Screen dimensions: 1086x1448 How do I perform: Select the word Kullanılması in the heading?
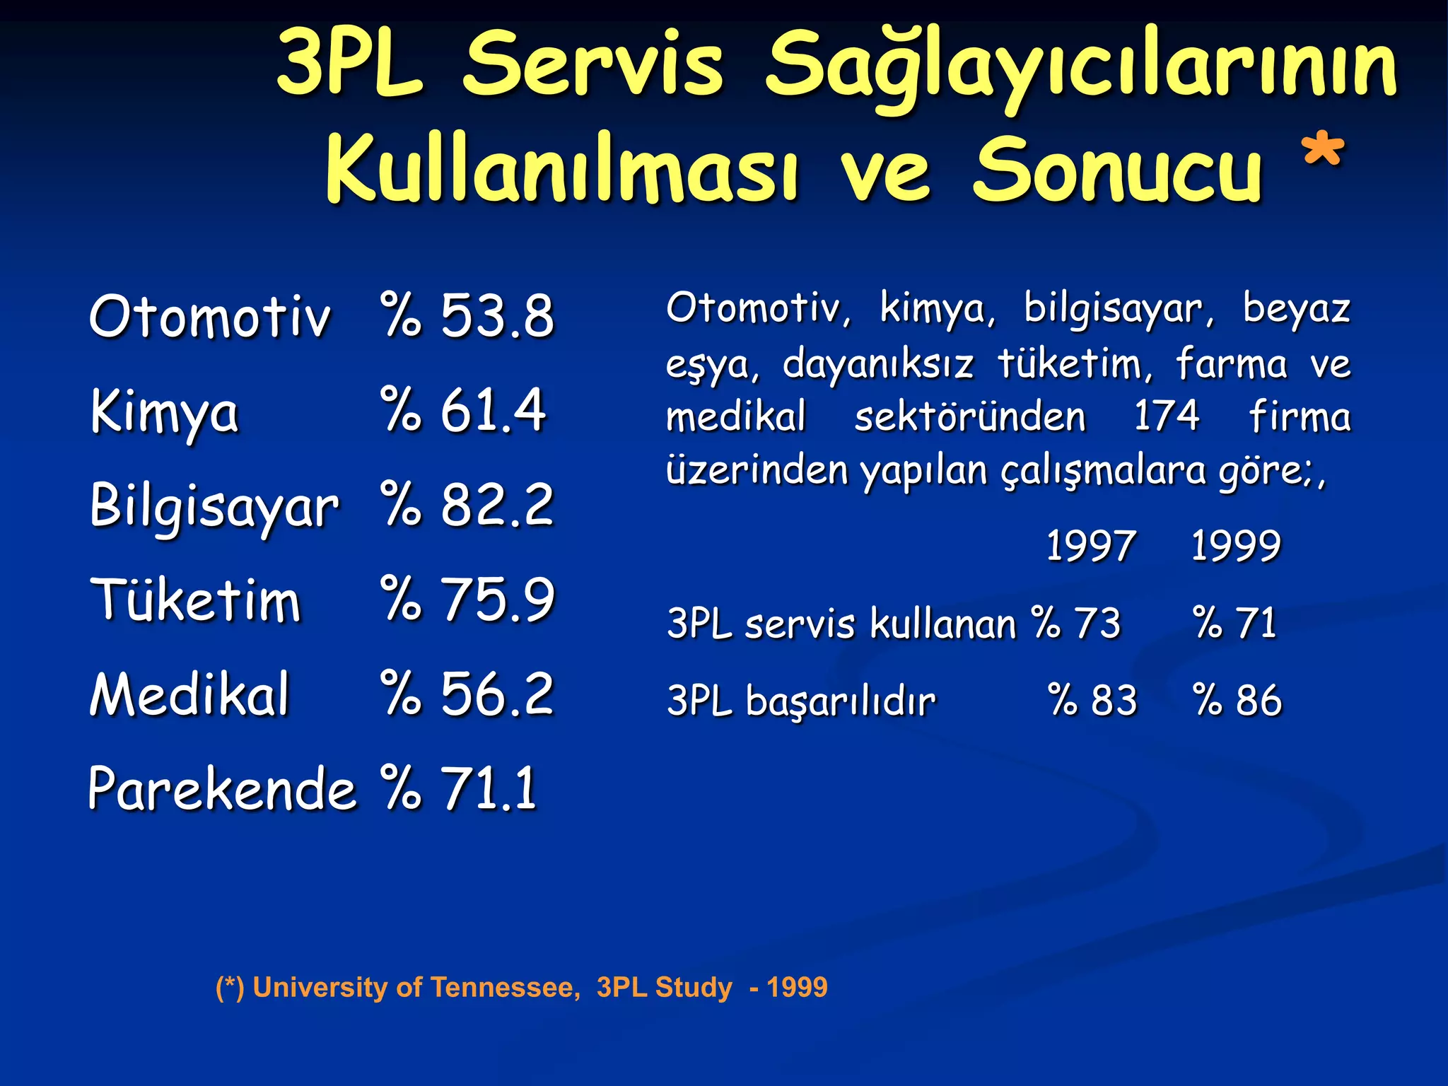click(562, 170)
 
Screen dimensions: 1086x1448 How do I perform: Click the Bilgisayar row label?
click(214, 506)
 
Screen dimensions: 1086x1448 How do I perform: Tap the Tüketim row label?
click(196, 600)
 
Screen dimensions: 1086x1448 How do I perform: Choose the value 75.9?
click(497, 599)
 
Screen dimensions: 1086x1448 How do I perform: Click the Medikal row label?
click(189, 694)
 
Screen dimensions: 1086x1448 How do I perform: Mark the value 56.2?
click(497, 694)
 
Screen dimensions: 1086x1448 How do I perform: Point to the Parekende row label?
click(221, 788)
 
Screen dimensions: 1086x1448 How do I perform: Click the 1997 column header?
click(1090, 546)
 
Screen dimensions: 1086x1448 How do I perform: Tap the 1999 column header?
click(1236, 546)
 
